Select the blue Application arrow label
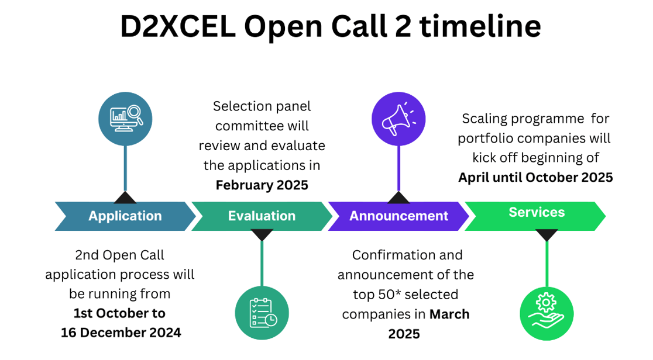point(125,216)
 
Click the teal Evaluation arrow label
point(262,216)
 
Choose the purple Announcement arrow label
point(398,216)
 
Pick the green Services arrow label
point(536,213)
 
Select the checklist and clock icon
point(262,313)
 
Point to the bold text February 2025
point(262,185)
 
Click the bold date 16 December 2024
point(121,333)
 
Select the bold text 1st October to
point(119,313)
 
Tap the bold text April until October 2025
point(535,177)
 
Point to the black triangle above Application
point(125,196)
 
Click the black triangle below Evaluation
point(262,235)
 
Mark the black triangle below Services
point(547,235)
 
